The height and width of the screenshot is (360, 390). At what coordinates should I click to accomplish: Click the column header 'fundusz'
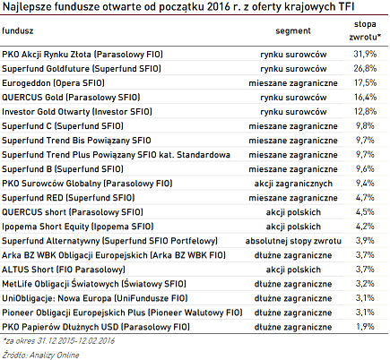coord(17,30)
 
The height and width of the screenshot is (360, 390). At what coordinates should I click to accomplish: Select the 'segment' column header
coord(293,30)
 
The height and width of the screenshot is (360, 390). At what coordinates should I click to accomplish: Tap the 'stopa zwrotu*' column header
coord(365,30)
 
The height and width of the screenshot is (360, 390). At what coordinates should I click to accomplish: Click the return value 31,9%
coord(365,54)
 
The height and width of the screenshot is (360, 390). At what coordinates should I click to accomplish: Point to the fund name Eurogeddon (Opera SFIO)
coord(53,83)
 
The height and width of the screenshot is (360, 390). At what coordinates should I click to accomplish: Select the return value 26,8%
coord(365,68)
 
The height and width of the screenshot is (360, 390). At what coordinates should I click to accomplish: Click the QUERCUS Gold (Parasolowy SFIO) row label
coord(71,98)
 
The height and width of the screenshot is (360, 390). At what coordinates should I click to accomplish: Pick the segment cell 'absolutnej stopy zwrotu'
coord(293,241)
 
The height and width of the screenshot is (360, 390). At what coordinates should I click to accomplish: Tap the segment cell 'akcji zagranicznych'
coord(293,184)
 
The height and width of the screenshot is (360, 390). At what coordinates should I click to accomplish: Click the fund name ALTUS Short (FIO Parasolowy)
coord(64,270)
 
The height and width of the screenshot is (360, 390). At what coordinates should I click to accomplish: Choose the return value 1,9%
coord(365,327)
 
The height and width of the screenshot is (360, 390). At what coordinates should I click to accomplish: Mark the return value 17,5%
coord(365,82)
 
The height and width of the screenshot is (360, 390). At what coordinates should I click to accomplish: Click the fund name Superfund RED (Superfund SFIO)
coord(68,198)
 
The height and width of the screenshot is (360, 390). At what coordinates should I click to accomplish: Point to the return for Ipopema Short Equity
coord(365,227)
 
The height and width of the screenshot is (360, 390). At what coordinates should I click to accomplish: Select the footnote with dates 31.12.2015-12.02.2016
coord(58,341)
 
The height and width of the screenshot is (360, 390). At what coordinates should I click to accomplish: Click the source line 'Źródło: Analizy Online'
coord(40,355)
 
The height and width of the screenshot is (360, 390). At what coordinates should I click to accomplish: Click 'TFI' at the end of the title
coord(347,6)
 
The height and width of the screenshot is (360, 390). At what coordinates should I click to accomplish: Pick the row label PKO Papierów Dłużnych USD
coord(96,327)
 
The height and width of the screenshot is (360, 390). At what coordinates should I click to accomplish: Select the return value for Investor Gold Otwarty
coord(365,111)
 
